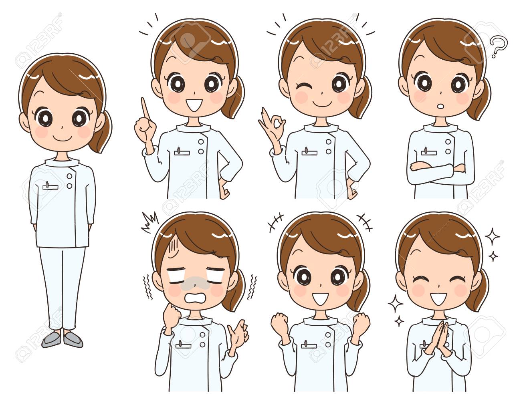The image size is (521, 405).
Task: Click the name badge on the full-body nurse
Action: click(50, 186)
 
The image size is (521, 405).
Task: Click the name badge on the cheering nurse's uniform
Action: click(309, 345)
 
